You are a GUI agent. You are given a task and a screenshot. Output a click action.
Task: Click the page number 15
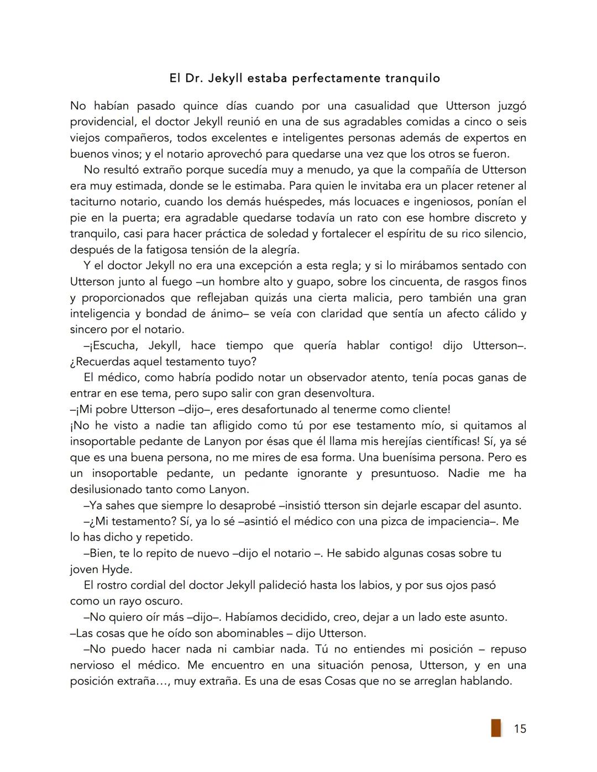tap(520, 729)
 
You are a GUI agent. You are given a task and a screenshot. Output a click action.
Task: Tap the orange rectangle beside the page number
tap(496, 728)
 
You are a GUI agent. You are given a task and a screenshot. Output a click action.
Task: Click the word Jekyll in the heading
tap(225, 78)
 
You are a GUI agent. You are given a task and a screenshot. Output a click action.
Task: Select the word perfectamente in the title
tap(336, 78)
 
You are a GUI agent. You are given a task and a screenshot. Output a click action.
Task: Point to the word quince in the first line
tap(200, 106)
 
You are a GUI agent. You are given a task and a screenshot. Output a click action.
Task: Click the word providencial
tap(101, 122)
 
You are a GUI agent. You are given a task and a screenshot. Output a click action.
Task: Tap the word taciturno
tap(93, 202)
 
